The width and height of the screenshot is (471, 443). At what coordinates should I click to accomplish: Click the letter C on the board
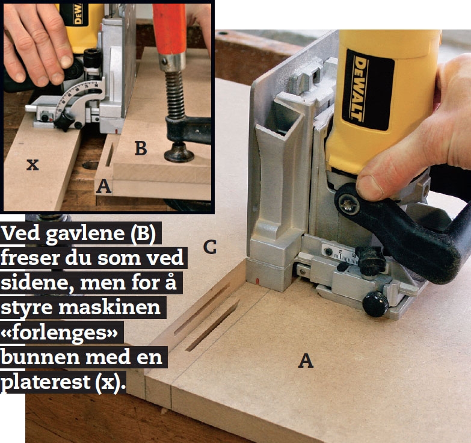pos(210,247)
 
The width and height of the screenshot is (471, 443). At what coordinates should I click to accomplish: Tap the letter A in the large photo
pos(306,361)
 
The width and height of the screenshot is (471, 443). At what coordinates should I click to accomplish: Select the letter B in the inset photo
pos(141,148)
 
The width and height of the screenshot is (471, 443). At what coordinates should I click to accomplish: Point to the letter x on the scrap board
pos(32,165)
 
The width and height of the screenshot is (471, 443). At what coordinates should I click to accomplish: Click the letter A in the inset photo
pos(103,186)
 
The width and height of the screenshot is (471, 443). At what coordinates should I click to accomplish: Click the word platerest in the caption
pos(45,383)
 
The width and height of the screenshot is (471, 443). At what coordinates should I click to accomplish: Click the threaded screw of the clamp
pos(174,94)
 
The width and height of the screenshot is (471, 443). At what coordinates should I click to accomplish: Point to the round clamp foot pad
pos(179,153)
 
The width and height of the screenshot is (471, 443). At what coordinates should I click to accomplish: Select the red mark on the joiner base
pos(257,282)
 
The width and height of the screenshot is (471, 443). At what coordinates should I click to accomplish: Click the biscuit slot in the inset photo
pos(109,155)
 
